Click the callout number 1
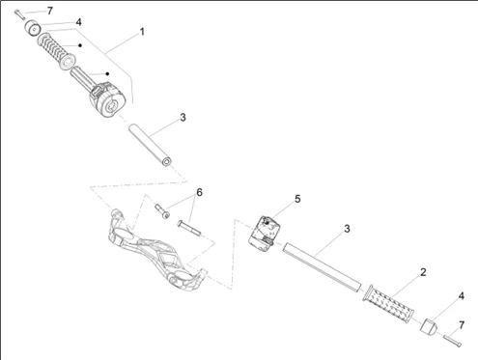coord(142,32)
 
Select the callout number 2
coord(422,273)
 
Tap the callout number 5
coord(297,199)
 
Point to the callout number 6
coord(200,192)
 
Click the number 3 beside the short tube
coord(182,118)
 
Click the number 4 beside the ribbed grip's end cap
coord(462,295)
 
